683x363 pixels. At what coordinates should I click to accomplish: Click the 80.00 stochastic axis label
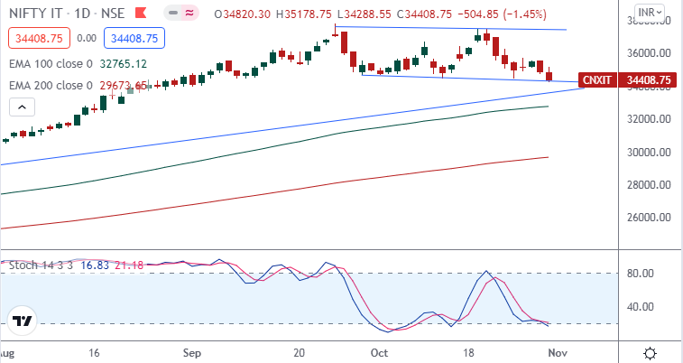[x=641, y=273]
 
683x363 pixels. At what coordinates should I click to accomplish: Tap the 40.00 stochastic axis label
[x=641, y=306]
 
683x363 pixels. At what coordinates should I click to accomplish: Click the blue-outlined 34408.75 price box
[x=132, y=39]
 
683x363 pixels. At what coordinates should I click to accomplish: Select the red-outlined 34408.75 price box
[x=36, y=39]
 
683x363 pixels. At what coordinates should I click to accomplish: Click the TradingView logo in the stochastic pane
[x=23, y=320]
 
